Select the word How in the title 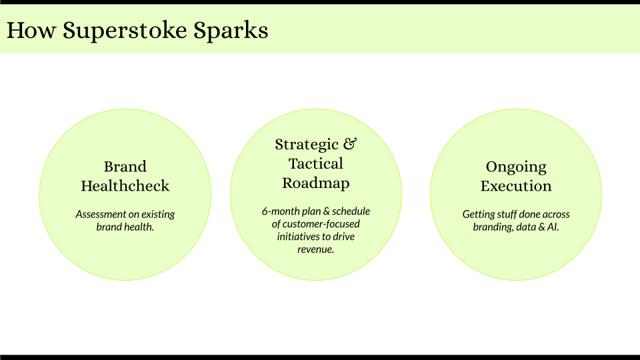coord(31,30)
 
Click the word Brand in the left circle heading coord(125,167)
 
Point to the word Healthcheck coord(125,186)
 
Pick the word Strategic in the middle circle coord(306,145)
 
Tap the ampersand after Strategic coord(350,145)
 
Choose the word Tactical coord(316,164)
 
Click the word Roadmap coord(316,183)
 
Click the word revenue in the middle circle coord(316,250)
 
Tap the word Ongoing coord(516,167)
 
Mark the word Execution coord(516,186)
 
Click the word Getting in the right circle coord(479,215)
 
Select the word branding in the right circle coord(494,227)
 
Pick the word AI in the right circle coord(553,227)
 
